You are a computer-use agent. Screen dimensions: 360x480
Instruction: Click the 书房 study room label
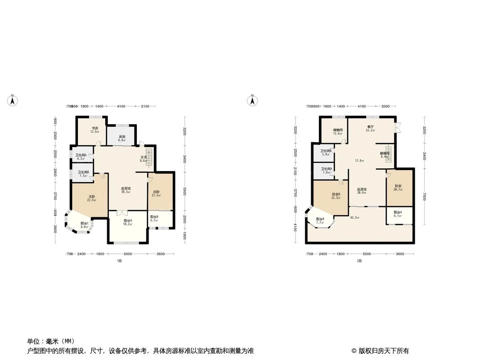pos(94,128)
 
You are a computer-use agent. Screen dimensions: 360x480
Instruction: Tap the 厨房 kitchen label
pos(122,137)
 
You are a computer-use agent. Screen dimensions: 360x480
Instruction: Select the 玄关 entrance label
pos(144,157)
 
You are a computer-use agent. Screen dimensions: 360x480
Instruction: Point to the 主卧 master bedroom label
pos(91,196)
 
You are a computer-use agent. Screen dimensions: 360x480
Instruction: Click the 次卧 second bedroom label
pos(156,192)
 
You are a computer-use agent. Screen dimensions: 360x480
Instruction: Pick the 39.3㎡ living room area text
pos(126,192)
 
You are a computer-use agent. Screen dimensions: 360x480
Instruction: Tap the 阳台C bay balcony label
pos(84,223)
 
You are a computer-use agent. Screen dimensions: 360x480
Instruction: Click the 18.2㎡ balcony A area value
pos(128,224)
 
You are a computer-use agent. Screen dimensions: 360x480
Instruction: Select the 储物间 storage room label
pos(338,130)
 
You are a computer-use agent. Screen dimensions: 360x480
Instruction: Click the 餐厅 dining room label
pos(370,127)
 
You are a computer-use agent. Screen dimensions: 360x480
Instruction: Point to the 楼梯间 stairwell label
pos(385,153)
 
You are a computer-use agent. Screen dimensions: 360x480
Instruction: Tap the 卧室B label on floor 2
pos(335,194)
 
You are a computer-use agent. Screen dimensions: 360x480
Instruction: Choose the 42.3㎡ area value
pos(354,218)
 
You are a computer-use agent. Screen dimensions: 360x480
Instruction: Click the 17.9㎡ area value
pos(359,161)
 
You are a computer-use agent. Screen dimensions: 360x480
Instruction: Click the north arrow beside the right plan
pos(253,100)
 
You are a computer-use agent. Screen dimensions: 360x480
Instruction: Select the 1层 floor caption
pos(119,261)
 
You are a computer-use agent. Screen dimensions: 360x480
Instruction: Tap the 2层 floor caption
pos(359,261)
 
